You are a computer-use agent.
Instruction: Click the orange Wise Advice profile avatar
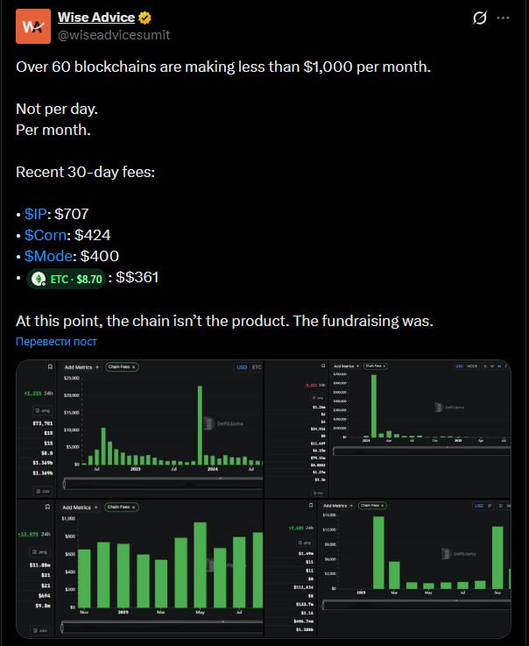point(32,26)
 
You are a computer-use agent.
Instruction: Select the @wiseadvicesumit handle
point(114,35)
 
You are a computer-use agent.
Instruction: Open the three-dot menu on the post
point(503,18)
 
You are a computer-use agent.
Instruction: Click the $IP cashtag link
point(38,213)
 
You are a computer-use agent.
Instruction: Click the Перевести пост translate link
point(56,341)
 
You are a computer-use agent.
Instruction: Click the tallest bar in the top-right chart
point(374,406)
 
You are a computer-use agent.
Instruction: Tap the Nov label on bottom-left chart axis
point(84,612)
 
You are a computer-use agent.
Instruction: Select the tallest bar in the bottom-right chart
point(378,552)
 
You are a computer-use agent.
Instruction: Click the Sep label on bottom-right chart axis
point(497,593)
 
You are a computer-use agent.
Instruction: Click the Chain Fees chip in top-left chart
point(121,367)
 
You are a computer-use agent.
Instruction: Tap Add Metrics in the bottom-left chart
point(81,507)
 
